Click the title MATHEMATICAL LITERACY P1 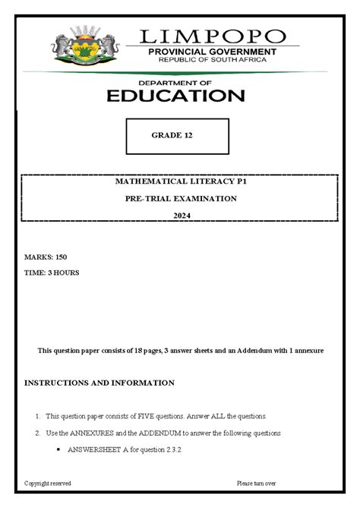(181, 183)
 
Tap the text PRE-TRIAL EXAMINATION (181, 199)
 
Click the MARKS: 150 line (46, 257)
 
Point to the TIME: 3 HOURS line (52, 272)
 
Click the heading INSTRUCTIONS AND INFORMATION (99, 383)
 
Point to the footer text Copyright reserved (48, 483)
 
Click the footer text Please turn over (257, 483)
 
